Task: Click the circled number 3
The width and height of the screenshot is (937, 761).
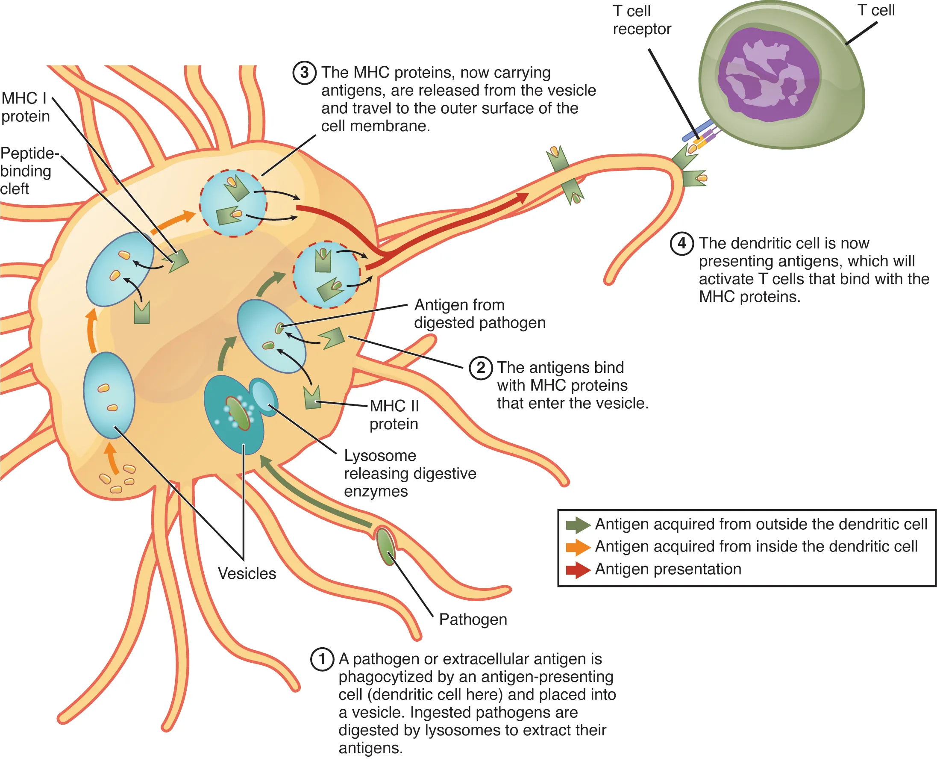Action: pos(305,73)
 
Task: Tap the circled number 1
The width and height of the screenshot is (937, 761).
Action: pos(322,659)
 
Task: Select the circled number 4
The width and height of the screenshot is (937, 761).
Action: pos(681,243)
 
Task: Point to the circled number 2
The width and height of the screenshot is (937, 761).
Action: pos(481,368)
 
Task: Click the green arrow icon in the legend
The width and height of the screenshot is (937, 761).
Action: pos(577,525)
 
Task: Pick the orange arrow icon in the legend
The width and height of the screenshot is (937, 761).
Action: pos(577,547)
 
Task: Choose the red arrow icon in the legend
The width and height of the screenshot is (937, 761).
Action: pos(577,570)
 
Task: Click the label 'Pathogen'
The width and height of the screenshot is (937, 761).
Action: pos(473,619)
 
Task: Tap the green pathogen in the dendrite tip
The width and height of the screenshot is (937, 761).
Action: pos(385,546)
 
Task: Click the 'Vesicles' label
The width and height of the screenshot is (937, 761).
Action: pos(247,574)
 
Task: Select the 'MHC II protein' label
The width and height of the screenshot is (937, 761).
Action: pos(394,415)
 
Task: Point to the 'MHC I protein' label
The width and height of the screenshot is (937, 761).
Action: pos(25,107)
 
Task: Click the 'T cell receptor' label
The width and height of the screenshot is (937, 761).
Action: pos(641,20)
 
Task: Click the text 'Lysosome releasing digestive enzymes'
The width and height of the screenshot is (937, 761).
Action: pos(409,473)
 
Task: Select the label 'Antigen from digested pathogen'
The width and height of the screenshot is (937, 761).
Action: pos(479,314)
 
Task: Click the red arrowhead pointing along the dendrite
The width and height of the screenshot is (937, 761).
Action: pos(521,198)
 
